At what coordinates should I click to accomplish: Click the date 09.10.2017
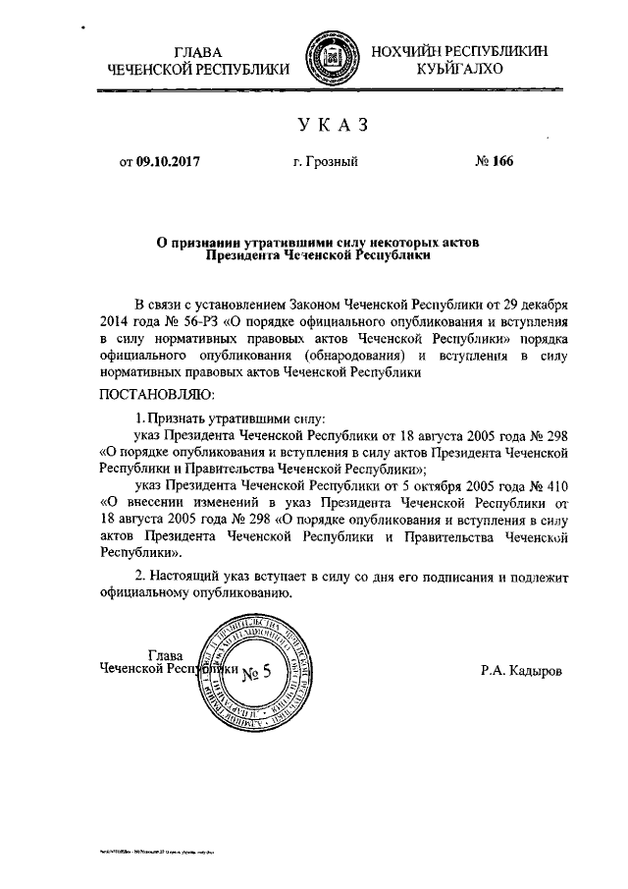pyautogui.click(x=168, y=162)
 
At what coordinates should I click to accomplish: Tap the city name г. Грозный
pyautogui.click(x=325, y=162)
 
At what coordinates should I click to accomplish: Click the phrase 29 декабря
pyautogui.click(x=541, y=304)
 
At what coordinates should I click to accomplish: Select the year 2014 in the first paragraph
pyautogui.click(x=115, y=321)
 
